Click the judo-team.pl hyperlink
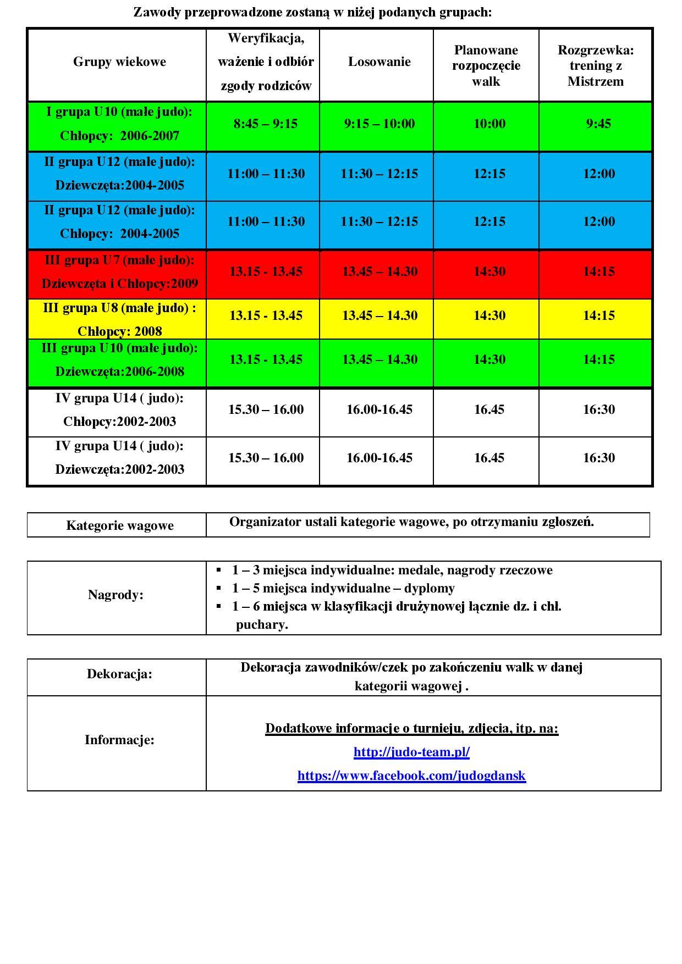point(411,752)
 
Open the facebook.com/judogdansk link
point(411,775)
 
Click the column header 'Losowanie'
point(379,62)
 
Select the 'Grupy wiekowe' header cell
point(119,62)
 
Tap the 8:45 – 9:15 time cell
point(266,124)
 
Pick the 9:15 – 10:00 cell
point(379,124)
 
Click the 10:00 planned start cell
point(489,124)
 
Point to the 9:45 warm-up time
point(598,124)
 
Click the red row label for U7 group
point(119,272)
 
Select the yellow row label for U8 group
point(119,319)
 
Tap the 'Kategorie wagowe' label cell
point(119,525)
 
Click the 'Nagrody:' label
point(116,595)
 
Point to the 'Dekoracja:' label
point(119,674)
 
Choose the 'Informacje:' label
point(119,740)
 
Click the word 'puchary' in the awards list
point(261,624)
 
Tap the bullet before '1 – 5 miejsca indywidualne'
point(219,589)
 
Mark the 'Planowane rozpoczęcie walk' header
point(486,66)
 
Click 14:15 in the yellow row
point(598,315)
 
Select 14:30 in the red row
point(489,272)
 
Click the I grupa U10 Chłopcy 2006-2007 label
point(119,124)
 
